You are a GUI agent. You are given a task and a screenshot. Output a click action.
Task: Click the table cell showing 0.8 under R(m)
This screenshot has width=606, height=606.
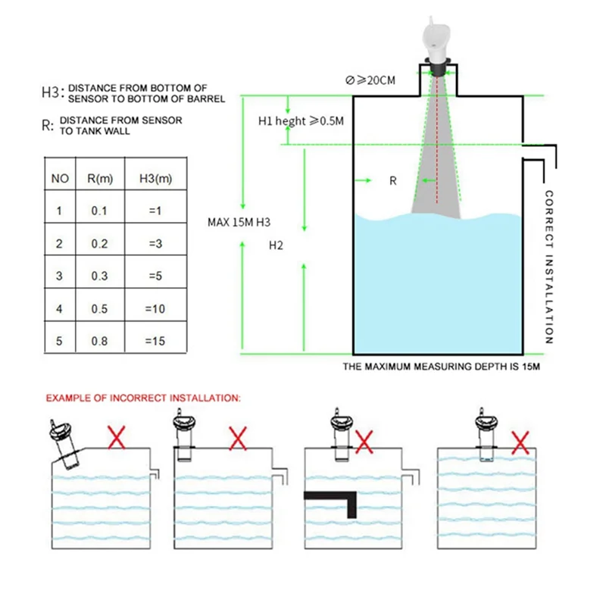(99, 342)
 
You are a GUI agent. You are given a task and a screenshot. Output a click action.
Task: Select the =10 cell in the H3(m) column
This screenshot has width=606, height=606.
(154, 309)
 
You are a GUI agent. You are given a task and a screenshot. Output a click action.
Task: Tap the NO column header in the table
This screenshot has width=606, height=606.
(60, 179)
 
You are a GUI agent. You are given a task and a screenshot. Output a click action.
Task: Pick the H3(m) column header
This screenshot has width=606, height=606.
(154, 179)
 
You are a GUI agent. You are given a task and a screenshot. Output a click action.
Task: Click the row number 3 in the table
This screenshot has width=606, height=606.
(60, 276)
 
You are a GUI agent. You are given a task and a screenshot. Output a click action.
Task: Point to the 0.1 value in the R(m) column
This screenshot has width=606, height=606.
(99, 211)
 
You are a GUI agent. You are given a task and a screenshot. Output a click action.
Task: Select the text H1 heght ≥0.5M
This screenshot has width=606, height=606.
(301, 121)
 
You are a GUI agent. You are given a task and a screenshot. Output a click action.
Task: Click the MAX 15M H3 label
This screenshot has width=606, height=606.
(239, 223)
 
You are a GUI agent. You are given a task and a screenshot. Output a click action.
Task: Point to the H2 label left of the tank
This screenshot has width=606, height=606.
(276, 246)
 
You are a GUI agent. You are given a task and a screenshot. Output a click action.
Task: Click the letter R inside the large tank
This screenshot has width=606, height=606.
(392, 181)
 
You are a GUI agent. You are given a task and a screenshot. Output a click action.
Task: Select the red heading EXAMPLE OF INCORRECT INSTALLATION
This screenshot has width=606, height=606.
(143, 397)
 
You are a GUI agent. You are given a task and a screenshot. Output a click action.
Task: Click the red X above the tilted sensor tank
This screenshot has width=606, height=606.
(116, 437)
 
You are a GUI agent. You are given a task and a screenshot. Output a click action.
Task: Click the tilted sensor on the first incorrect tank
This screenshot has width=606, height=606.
(63, 444)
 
